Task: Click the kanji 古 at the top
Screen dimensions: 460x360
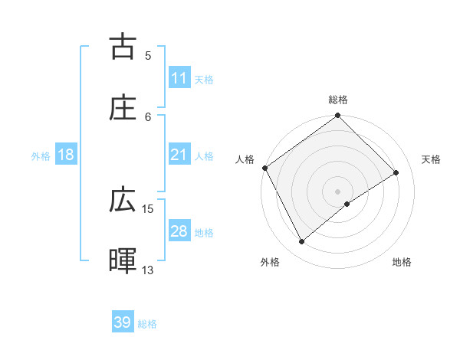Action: pos(123,47)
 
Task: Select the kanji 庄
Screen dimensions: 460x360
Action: pos(123,108)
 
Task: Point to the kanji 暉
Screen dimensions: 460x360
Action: pos(123,261)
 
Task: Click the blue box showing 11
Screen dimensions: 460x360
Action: pos(179,78)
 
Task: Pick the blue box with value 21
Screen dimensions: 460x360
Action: pos(179,155)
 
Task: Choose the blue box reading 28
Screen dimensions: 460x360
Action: pos(179,231)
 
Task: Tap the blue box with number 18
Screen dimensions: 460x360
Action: pos(66,155)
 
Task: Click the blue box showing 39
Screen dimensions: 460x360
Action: pos(123,322)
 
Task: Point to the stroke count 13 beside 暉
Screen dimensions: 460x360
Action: pos(148,270)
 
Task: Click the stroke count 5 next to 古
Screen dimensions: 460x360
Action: pos(148,55)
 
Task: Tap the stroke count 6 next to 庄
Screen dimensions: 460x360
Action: pos(148,116)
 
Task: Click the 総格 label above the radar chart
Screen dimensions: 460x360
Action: pos(338,100)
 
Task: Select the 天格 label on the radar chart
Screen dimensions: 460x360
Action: pos(432,159)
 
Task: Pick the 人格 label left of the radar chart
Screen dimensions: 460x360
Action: pos(245,159)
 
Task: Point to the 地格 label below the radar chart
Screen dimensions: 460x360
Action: pos(402,262)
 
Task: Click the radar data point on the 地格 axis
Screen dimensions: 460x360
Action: pos(347,204)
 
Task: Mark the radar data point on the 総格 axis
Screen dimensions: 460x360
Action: pos(338,116)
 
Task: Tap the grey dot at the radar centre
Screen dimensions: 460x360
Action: pos(338,191)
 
